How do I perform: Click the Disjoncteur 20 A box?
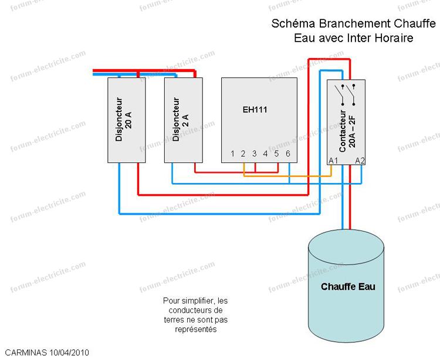[127, 120]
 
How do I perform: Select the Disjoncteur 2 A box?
[182, 120]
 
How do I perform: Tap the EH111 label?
[259, 109]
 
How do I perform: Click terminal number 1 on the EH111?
[233, 154]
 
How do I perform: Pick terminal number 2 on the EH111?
[243, 154]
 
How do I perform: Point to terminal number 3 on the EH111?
[255, 154]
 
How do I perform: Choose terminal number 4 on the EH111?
[265, 154]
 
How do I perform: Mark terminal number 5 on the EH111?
[276, 154]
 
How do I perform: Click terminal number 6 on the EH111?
[287, 154]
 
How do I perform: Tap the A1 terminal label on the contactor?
[333, 160]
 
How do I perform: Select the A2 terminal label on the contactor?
[360, 160]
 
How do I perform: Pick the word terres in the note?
[177, 320]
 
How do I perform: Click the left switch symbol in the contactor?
[339, 94]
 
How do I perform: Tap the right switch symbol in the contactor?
[353, 94]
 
